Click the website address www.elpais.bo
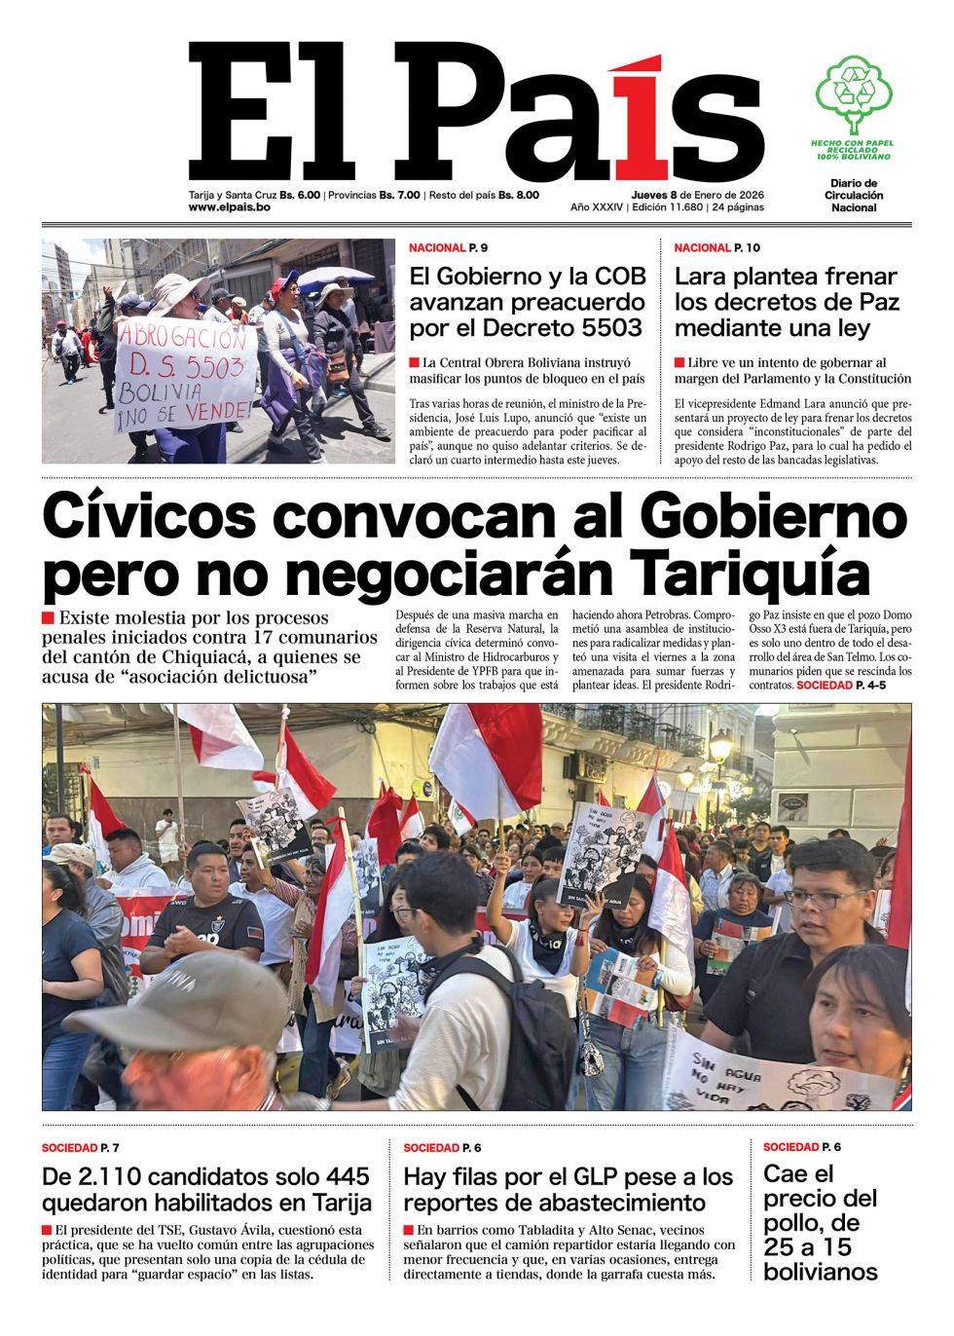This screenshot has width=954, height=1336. point(229,208)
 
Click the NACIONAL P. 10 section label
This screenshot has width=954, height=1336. point(717,248)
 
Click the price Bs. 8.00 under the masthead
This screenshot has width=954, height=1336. point(519,195)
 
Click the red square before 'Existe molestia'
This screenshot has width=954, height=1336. point(48,618)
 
